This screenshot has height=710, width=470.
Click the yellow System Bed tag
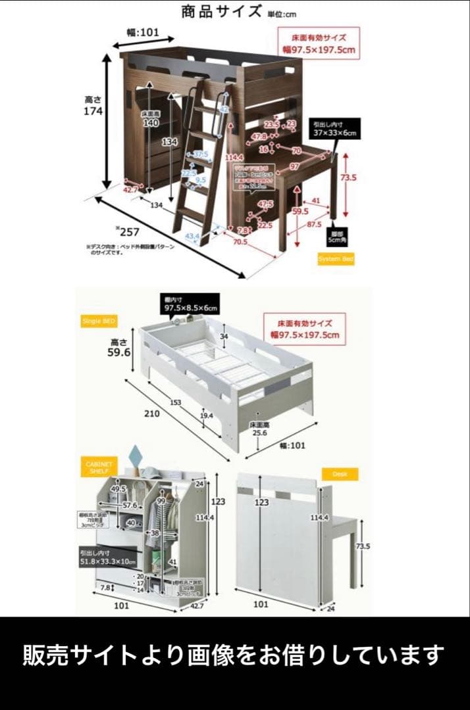[x=336, y=259]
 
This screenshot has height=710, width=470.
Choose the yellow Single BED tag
[x=99, y=321]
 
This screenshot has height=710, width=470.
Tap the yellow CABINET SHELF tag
[x=99, y=467]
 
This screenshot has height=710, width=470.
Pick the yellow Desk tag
[x=339, y=473]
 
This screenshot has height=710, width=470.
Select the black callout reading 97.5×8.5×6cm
[x=190, y=303]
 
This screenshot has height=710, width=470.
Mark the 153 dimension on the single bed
[x=174, y=402]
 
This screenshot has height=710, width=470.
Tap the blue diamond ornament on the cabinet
[x=136, y=455]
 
